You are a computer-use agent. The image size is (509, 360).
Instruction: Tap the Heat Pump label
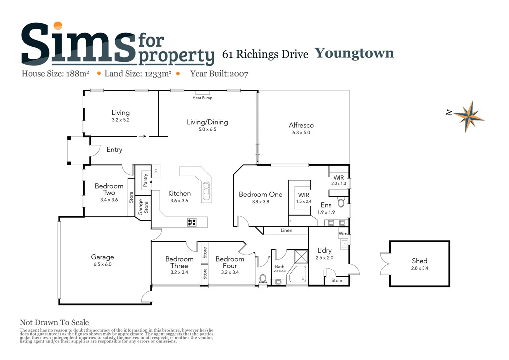click(x=202, y=98)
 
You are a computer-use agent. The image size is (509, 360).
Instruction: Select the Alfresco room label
click(x=301, y=125)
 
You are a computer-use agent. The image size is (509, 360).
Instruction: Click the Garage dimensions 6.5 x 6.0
click(x=102, y=265)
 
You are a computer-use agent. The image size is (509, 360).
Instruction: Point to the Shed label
click(x=420, y=261)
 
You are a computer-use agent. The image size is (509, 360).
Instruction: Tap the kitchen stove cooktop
click(x=192, y=222)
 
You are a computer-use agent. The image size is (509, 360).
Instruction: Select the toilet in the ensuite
click(x=341, y=202)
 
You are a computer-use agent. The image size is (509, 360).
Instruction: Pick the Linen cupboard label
click(x=286, y=231)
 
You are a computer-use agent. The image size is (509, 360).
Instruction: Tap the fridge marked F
click(x=155, y=171)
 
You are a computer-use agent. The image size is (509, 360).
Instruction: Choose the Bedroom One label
click(x=260, y=194)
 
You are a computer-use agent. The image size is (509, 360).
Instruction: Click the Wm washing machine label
click(x=343, y=233)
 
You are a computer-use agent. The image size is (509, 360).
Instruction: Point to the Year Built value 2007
click(x=238, y=74)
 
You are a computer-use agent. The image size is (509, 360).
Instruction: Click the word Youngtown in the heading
click(x=354, y=53)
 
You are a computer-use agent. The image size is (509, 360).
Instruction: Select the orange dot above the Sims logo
click(x=58, y=26)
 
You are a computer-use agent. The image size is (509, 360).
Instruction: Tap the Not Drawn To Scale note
click(x=54, y=323)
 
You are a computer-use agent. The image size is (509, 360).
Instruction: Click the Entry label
click(x=114, y=149)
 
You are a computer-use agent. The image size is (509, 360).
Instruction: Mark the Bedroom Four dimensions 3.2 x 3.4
click(x=230, y=272)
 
